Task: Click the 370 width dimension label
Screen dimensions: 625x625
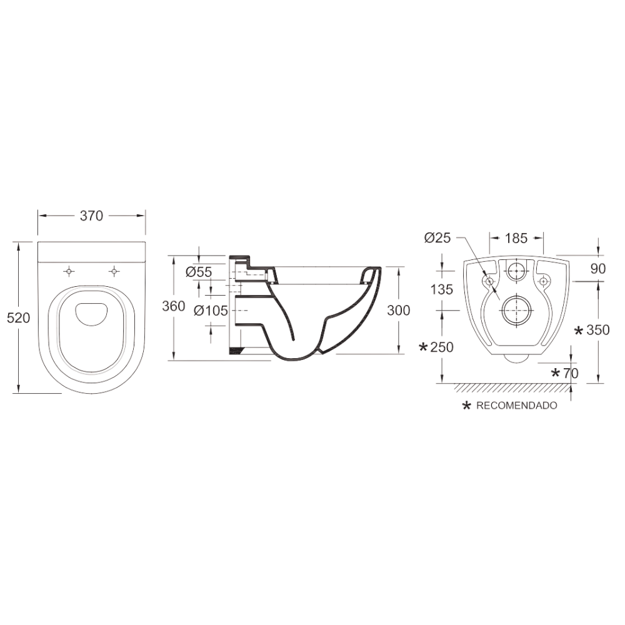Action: tap(91, 216)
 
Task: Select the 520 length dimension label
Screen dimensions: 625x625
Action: tap(18, 317)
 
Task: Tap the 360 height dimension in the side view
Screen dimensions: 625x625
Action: tap(173, 306)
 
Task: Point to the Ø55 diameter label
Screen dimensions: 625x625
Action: tap(199, 272)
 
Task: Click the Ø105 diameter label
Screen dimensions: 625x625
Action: tap(211, 311)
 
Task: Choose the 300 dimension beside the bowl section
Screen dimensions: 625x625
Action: tap(399, 310)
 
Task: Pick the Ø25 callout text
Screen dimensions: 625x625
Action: tap(437, 238)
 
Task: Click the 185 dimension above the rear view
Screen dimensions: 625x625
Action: tap(516, 238)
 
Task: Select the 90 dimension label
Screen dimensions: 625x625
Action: tap(598, 269)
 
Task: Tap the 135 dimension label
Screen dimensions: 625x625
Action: tap(442, 289)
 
